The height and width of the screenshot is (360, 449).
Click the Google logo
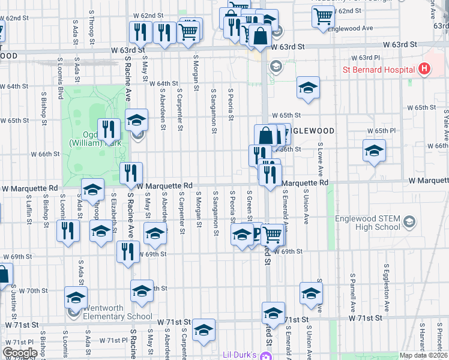[x=20, y=353]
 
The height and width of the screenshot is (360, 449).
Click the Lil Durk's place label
[x=240, y=355]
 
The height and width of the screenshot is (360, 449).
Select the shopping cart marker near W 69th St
[x=273, y=235]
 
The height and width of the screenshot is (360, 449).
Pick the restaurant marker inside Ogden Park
[x=109, y=129]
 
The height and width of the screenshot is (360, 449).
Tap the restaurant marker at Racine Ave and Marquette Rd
[x=131, y=173]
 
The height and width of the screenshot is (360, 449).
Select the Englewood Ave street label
[x=355, y=28]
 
